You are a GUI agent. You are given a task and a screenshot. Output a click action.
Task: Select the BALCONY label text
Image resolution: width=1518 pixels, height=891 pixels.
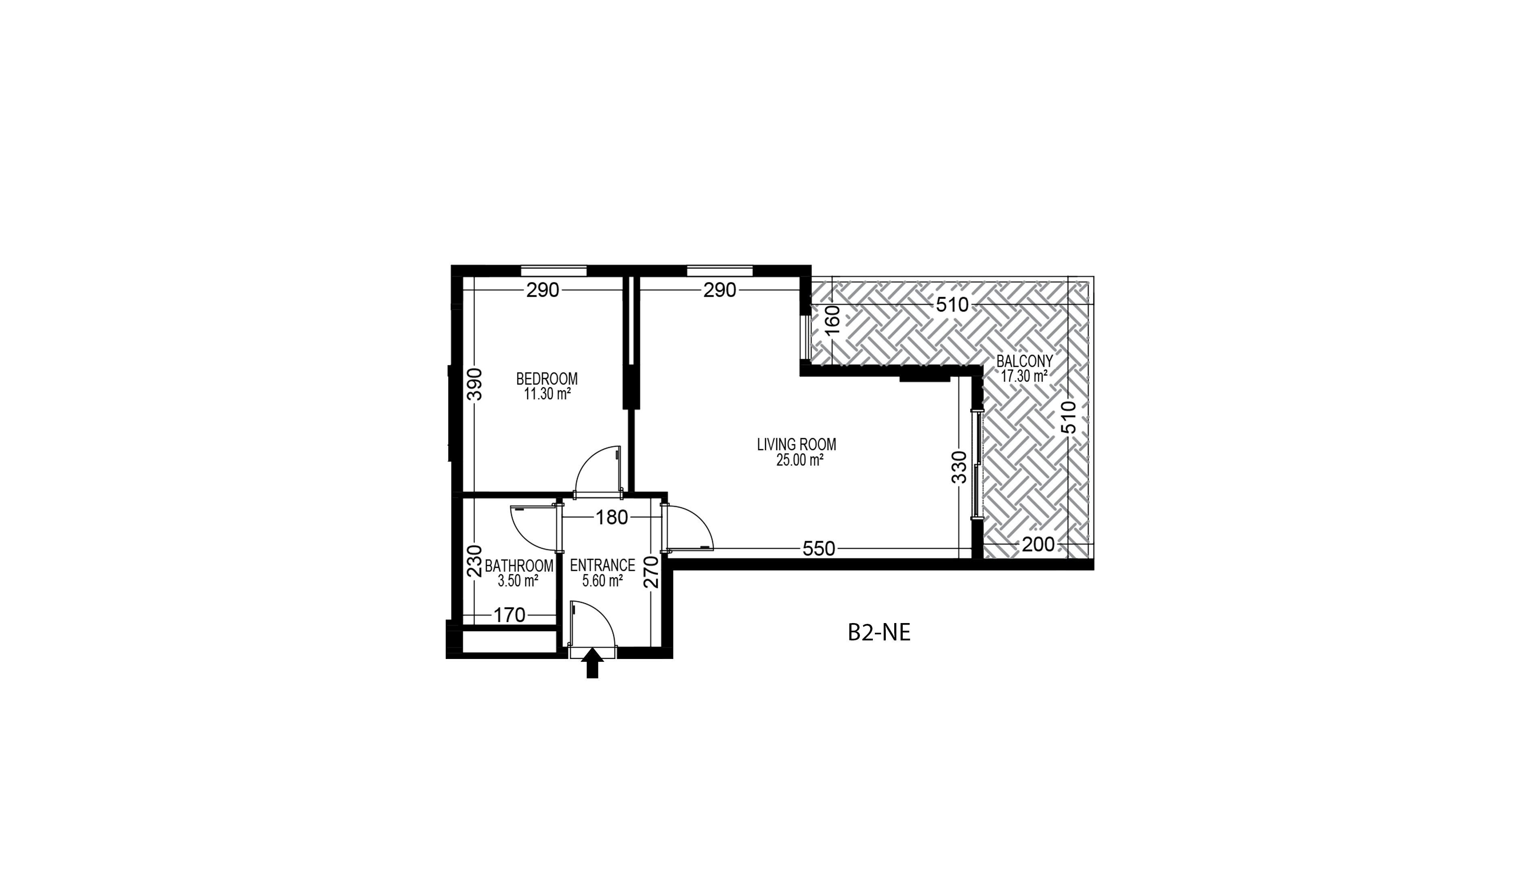(x=1025, y=361)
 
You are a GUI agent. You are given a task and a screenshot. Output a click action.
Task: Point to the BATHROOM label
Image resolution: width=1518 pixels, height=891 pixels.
(x=519, y=566)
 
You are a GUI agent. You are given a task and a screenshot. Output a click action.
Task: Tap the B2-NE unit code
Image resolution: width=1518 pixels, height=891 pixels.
(x=879, y=633)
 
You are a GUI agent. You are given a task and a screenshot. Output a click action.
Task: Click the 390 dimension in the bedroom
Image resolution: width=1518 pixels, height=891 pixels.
(x=475, y=384)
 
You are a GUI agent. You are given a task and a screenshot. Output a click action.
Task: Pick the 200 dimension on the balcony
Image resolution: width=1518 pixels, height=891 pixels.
(x=1038, y=545)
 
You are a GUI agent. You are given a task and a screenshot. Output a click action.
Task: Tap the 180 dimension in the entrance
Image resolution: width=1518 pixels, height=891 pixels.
(x=612, y=518)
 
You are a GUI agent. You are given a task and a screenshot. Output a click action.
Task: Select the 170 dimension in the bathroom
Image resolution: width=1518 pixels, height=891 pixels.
(x=509, y=615)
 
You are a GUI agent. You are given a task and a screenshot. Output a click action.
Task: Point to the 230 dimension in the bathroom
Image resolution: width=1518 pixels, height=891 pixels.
(x=475, y=561)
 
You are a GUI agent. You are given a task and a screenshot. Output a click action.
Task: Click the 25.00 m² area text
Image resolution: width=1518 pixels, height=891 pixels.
(x=799, y=460)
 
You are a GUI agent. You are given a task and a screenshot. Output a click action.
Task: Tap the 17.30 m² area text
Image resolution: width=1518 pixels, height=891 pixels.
(x=1024, y=376)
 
